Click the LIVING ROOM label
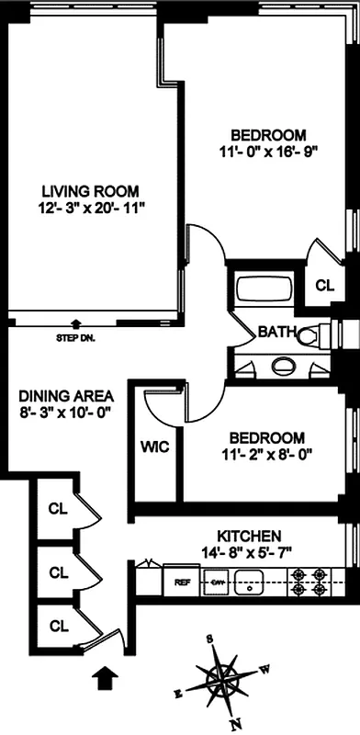click(x=90, y=191)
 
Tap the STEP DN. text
click(x=75, y=337)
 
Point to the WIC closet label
click(x=152, y=447)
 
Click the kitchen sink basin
click(x=250, y=582)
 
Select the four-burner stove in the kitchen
click(x=308, y=582)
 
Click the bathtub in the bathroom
click(x=263, y=289)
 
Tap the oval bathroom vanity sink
click(x=284, y=367)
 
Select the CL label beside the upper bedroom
click(x=325, y=285)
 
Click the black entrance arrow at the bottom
click(x=107, y=678)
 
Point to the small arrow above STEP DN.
click(x=75, y=323)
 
